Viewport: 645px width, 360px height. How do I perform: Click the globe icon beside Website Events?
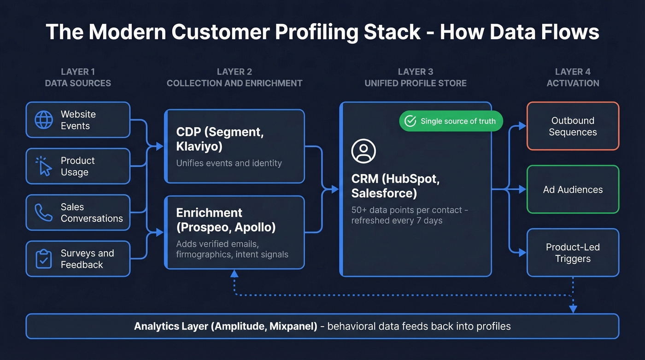(x=44, y=120)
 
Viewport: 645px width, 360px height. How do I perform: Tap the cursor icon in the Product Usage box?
(x=44, y=166)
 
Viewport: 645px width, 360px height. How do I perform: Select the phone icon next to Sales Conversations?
(x=44, y=212)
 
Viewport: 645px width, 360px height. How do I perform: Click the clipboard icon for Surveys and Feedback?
(x=44, y=259)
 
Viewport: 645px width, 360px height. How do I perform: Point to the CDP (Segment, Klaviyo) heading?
(x=220, y=140)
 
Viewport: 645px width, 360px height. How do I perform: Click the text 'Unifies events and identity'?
(x=229, y=163)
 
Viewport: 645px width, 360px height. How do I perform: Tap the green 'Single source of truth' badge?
(x=451, y=121)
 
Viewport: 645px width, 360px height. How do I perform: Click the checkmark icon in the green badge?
(x=410, y=121)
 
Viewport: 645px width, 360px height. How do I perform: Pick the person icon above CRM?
(x=364, y=151)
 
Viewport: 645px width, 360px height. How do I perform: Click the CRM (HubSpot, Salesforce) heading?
(x=395, y=186)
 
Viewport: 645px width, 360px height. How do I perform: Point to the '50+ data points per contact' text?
(x=409, y=210)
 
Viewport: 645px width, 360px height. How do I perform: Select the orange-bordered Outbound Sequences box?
(x=573, y=126)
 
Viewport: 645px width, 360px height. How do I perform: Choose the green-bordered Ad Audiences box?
(x=573, y=189)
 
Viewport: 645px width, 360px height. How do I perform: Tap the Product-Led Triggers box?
(x=573, y=253)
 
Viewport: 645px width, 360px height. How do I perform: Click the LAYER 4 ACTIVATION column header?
(x=573, y=77)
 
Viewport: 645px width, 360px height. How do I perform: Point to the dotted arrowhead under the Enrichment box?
(x=235, y=273)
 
